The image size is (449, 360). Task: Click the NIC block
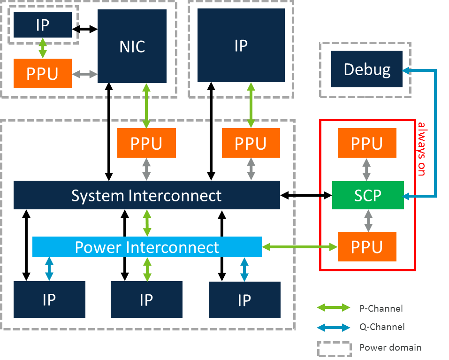coord(132,46)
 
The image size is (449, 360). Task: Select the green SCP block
coord(367,195)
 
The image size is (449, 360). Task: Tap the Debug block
coord(367,69)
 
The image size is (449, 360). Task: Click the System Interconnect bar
coord(146,195)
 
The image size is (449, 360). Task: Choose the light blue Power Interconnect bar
coord(146,247)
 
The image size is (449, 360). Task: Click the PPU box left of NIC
coord(43,74)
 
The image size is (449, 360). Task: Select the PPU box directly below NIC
coord(146,143)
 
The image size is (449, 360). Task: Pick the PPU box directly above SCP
coord(367,143)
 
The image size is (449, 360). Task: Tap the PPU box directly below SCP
coord(367,247)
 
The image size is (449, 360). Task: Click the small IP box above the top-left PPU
coord(43,25)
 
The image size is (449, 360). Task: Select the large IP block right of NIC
coord(241,46)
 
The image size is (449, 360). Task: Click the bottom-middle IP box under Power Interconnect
coord(146,300)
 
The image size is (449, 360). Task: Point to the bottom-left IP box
coord(49,300)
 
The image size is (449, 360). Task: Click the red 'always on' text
coord(421,149)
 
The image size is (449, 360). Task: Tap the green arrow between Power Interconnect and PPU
coord(299,247)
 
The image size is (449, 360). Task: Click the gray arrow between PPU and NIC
coord(84,74)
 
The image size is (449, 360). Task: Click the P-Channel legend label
coord(381,308)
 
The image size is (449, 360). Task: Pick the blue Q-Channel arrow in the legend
coord(334,327)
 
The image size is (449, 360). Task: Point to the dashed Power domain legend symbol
coord(334,348)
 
